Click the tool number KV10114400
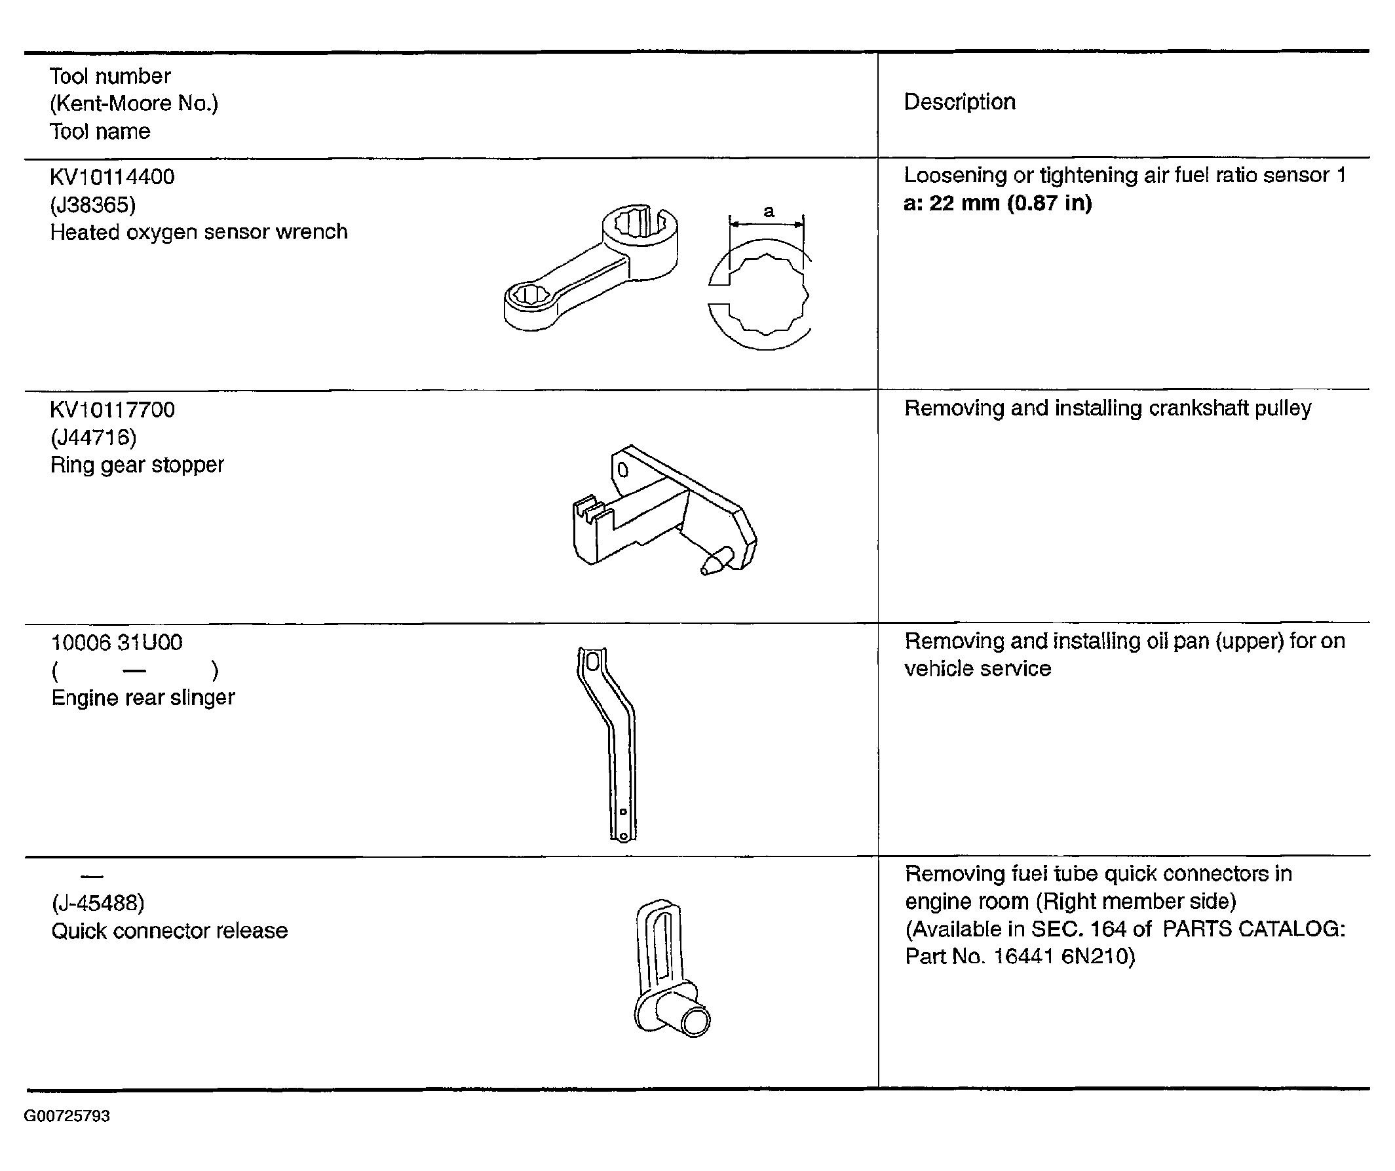[x=112, y=177]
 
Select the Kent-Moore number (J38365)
[x=93, y=204]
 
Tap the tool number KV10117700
[x=112, y=409]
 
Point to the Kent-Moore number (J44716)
[x=93, y=437]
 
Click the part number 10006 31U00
[x=117, y=642]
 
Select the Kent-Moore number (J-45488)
[x=98, y=903]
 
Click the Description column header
[x=960, y=102]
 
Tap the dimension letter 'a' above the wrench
[x=769, y=211]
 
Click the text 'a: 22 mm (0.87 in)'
[x=998, y=202]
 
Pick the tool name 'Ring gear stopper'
[x=137, y=465]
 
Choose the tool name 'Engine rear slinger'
[x=143, y=697]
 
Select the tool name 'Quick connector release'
[x=170, y=931]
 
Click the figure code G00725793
[x=67, y=1116]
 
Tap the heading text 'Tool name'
[x=100, y=132]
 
